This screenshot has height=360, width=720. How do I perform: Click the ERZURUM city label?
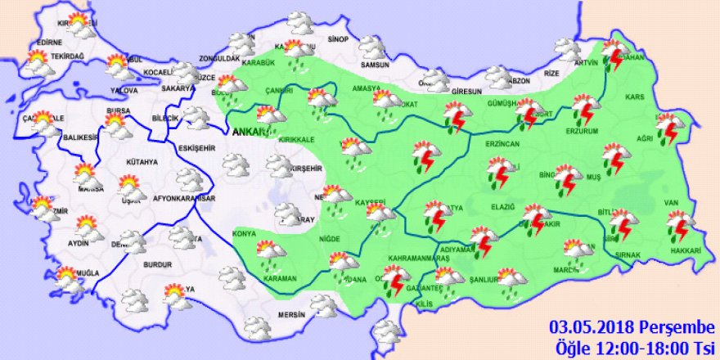583,131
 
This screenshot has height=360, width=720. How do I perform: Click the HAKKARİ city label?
684,250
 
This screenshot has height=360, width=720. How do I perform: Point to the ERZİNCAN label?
502,144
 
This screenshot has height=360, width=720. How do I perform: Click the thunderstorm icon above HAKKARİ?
679,223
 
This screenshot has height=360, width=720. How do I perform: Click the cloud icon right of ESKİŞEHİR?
236,166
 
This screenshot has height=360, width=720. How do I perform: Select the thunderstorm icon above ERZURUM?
584,109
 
